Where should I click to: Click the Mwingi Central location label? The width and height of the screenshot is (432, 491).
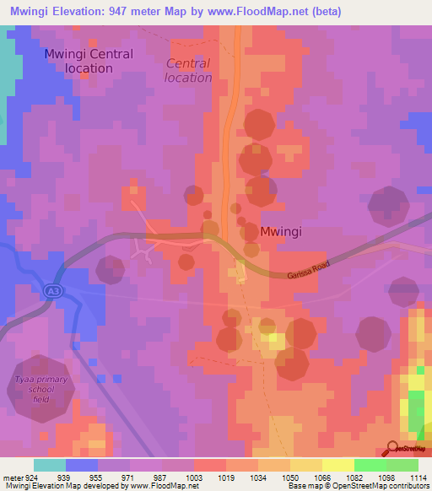click(x=89, y=61)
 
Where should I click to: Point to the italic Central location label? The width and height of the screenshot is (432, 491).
click(x=189, y=70)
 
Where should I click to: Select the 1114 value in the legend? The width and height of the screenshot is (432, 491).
click(x=418, y=477)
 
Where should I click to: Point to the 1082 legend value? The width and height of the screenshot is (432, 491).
click(x=354, y=477)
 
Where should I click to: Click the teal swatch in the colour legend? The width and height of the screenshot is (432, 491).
click(x=49, y=465)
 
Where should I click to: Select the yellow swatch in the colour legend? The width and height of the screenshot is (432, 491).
click(x=337, y=465)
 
